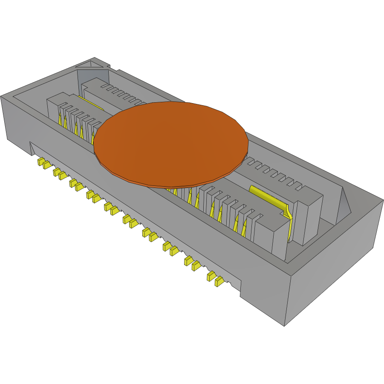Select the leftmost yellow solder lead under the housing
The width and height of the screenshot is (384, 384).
[41, 162]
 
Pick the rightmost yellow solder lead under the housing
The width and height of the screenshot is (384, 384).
[219, 281]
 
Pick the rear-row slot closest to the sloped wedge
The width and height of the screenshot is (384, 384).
[297, 186]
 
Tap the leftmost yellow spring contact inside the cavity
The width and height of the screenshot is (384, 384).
[61, 121]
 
